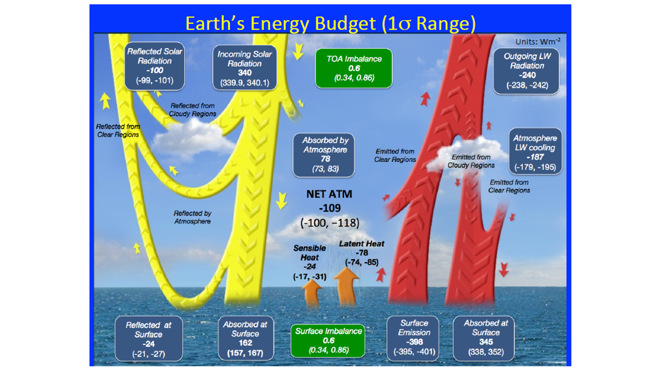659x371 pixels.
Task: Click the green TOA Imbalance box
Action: [x=354, y=68]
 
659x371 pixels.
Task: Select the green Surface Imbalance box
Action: [x=328, y=340]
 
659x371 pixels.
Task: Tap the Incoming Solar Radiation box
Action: [x=245, y=68]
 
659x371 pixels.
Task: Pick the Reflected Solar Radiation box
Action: [x=154, y=66]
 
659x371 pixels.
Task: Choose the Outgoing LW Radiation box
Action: [x=527, y=71]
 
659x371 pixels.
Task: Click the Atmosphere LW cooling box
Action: [x=535, y=151]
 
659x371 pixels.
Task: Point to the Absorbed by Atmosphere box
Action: [x=324, y=155]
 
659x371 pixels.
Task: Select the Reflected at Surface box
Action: [x=149, y=339]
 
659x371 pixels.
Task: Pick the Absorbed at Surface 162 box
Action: [x=246, y=338]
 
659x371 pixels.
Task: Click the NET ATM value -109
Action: [x=329, y=208]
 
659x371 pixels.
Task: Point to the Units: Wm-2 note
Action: [x=538, y=42]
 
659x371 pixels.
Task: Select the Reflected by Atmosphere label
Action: [x=192, y=217]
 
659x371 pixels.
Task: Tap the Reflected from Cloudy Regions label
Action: [x=192, y=110]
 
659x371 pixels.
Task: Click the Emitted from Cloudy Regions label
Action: [x=471, y=161]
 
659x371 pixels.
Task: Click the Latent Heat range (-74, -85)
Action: [x=362, y=262]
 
